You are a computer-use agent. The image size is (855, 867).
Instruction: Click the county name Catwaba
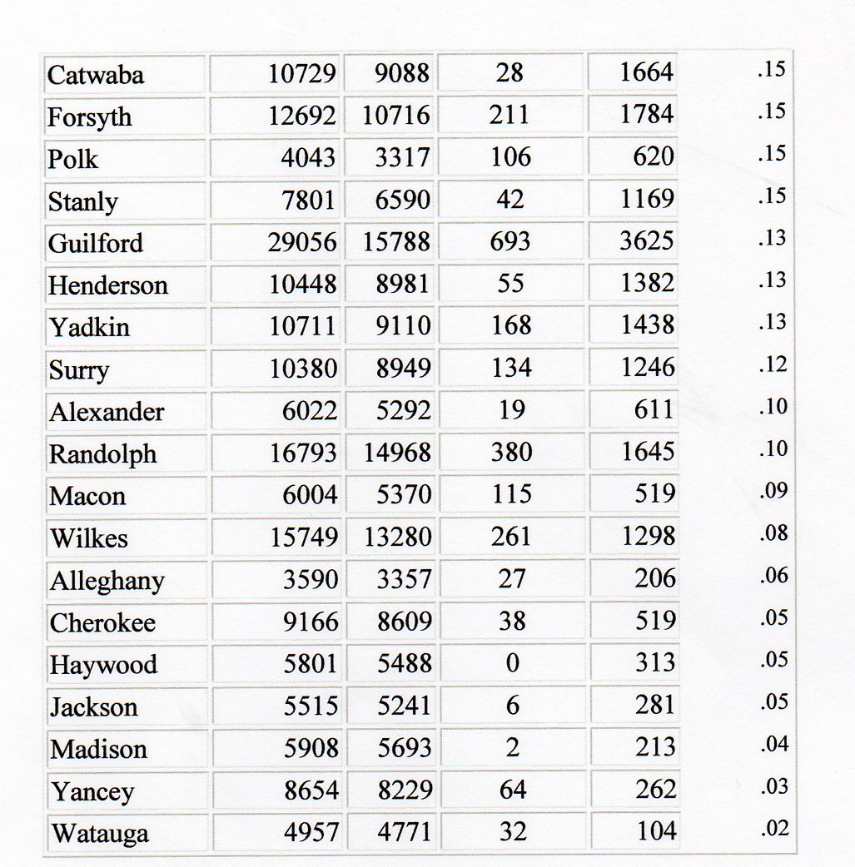pos(96,75)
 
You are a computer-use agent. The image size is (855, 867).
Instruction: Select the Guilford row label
pos(96,243)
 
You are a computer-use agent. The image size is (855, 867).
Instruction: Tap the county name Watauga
pos(99,832)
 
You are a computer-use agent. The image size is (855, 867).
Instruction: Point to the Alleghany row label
pos(107,580)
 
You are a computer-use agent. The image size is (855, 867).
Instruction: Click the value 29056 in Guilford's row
pos(302,242)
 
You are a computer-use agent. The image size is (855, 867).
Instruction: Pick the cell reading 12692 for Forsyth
pos(301,116)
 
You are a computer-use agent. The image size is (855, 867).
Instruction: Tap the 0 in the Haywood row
pos(512,663)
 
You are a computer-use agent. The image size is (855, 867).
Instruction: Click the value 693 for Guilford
pos(510,242)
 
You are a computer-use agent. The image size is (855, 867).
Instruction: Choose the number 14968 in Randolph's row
pos(397,453)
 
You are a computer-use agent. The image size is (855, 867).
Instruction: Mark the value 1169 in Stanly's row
pos(647,200)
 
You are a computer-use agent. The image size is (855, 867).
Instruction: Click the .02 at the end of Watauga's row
pos(773,829)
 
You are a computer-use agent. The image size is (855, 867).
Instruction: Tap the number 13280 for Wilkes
pos(397,537)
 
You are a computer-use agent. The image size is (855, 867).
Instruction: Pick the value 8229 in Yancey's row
pos(404,789)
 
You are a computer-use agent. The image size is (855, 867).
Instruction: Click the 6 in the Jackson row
pos(512,706)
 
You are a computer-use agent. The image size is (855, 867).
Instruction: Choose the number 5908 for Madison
pos(311,747)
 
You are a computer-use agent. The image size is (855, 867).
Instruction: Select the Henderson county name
pos(108,285)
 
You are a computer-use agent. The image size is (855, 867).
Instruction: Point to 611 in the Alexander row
pos(654,410)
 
